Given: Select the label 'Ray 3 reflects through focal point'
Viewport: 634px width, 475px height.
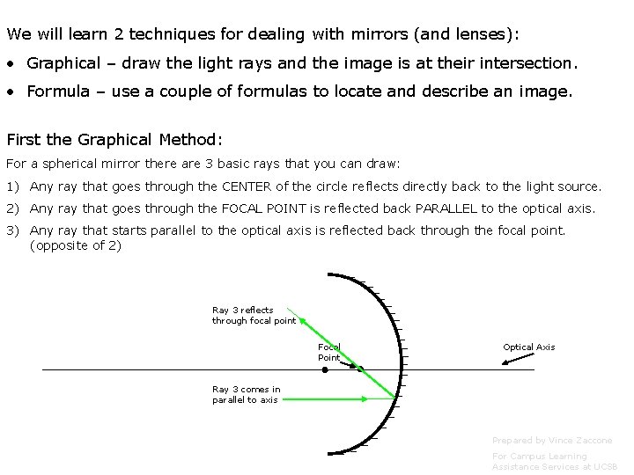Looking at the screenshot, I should coord(254,315).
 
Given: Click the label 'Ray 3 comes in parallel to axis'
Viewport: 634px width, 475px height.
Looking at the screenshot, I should coord(246,394).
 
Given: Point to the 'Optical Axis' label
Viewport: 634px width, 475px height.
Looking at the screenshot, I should coord(528,347).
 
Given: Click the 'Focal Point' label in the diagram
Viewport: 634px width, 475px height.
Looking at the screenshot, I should coord(328,352).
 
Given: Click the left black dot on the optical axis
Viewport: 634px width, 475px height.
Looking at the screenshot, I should coord(325,369).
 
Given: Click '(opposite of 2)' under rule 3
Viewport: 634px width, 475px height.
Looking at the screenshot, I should coord(76,245).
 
